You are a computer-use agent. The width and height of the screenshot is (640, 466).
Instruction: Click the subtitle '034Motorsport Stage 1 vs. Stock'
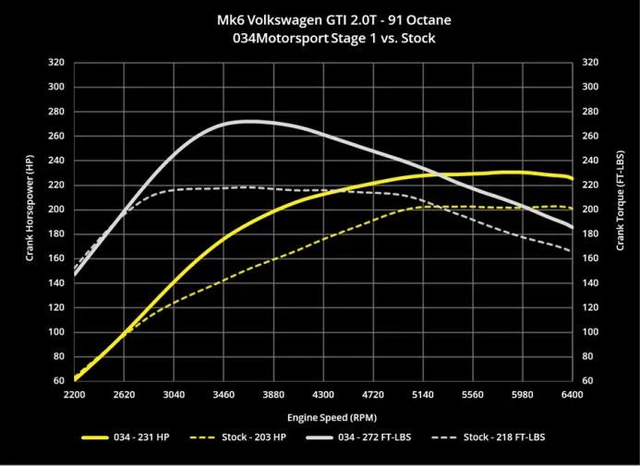320,39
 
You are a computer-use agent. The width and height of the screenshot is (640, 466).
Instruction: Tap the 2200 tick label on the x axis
74,394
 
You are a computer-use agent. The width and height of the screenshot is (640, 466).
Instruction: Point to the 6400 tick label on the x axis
572,394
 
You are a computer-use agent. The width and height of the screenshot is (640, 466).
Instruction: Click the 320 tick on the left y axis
56,63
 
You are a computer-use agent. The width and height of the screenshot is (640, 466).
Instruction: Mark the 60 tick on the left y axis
59,380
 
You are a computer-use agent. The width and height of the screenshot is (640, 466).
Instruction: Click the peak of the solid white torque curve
248,121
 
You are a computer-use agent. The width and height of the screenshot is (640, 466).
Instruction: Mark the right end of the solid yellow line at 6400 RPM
572,178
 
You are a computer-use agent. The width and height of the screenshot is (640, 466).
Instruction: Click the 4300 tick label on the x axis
322,394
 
